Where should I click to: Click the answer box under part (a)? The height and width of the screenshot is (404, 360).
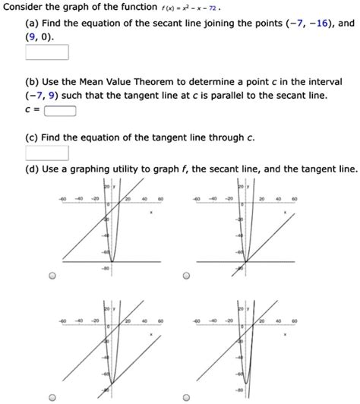[47, 53]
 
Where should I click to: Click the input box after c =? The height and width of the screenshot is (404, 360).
[60, 110]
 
